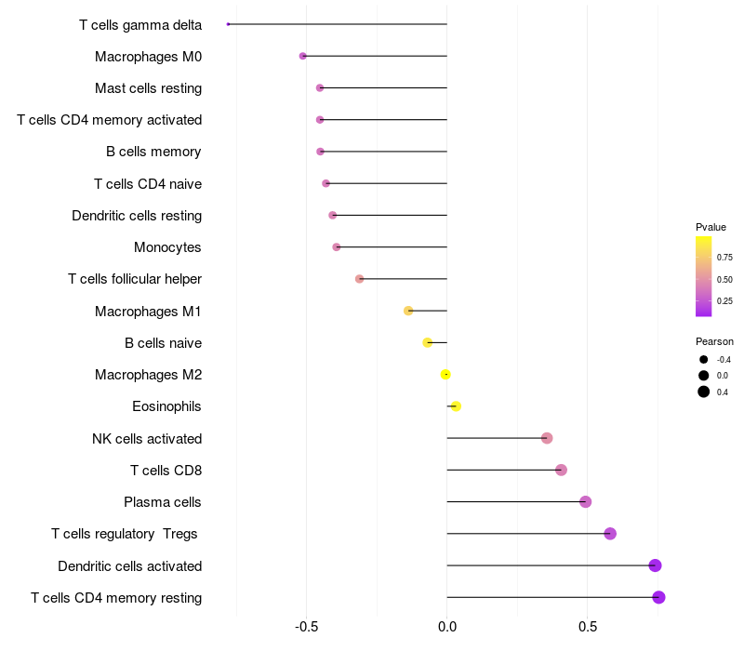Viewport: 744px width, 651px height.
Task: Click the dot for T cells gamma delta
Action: tap(228, 24)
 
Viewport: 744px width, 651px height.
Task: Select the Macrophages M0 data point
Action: tap(303, 56)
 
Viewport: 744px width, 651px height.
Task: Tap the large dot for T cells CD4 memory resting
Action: tap(659, 597)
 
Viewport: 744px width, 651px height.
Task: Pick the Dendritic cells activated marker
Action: tap(655, 565)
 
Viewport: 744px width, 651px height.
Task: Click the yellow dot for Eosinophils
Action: tap(456, 406)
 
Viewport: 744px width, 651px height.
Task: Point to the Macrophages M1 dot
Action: tap(408, 311)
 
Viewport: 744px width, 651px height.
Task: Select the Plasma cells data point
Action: tap(585, 502)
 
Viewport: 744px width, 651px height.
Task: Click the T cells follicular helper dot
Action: tap(360, 279)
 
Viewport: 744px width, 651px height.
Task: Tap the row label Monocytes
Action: tap(167, 247)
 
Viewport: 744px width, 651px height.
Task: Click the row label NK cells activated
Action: tap(147, 439)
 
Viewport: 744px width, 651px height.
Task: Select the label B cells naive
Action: tap(163, 343)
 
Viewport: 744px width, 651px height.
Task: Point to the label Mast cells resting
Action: tap(148, 88)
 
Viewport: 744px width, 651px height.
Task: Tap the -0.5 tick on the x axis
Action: tap(307, 627)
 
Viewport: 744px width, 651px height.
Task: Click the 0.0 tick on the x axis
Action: tap(447, 627)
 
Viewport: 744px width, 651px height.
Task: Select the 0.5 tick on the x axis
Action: tap(588, 627)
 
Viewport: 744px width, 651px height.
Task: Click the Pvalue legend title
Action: tap(711, 227)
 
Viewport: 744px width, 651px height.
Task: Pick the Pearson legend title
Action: tap(714, 341)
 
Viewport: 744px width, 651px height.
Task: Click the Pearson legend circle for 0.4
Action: tap(704, 392)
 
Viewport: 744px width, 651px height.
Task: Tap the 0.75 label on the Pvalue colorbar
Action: tap(724, 258)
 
